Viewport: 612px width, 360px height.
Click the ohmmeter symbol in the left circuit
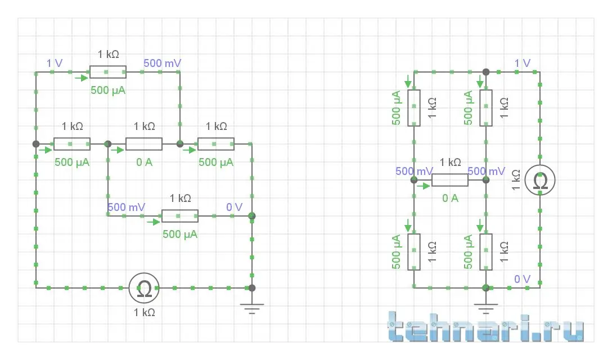144,287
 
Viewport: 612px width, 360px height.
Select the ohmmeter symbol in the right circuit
540,181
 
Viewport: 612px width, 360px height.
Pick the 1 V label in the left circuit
55,63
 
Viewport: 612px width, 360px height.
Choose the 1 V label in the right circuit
523,63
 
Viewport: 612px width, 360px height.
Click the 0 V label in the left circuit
234,207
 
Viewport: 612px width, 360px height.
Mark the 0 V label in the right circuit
522,279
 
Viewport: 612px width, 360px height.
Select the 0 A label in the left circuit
144,163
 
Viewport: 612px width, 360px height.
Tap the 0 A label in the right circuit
450,198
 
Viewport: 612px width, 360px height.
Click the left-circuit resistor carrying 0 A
144,144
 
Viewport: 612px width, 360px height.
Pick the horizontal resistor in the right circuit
450,180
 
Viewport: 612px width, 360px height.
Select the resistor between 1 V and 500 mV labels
108,72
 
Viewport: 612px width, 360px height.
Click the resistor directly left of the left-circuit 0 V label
180,216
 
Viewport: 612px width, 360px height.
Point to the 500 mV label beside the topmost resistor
162,63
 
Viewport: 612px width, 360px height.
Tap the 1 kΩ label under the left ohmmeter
145,312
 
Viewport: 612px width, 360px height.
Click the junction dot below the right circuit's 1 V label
486,72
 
